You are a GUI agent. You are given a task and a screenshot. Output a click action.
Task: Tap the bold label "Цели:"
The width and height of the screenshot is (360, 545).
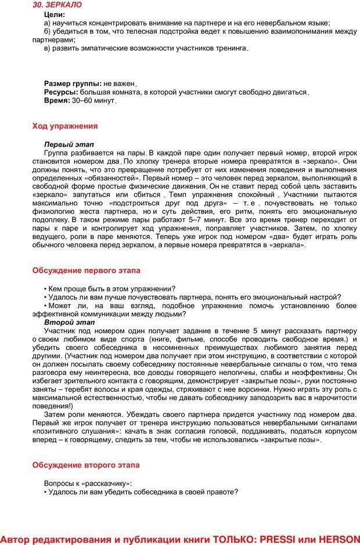coord(55,14)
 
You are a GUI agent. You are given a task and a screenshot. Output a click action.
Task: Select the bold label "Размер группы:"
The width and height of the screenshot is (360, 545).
coord(73,84)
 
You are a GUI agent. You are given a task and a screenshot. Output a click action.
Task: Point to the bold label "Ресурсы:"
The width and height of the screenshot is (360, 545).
coord(61,92)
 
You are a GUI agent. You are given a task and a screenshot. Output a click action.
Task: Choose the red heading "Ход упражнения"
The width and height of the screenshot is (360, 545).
coord(64,126)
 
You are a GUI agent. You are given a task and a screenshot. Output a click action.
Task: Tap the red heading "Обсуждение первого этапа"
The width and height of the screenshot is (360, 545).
coord(86,270)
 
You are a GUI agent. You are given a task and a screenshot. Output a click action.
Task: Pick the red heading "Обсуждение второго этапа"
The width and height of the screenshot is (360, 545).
coord(86,465)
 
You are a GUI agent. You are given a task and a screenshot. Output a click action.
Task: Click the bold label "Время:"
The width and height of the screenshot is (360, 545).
coord(57,100)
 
